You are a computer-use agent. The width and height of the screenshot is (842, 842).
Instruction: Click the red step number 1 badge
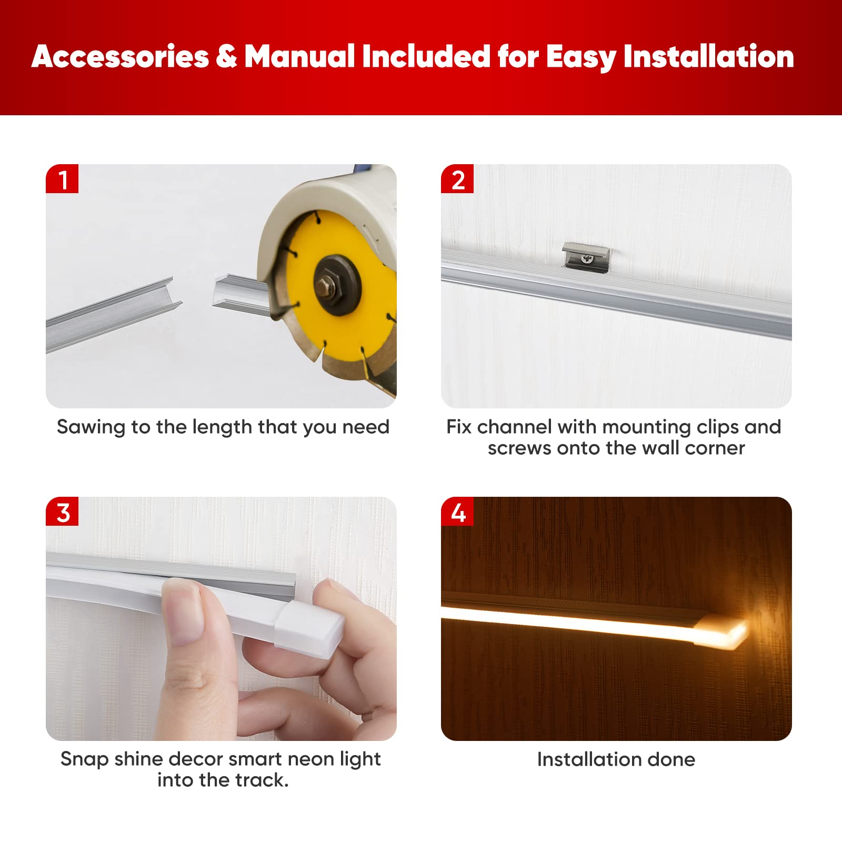[x=62, y=179]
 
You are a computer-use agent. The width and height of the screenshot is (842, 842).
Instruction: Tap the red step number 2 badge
[x=457, y=179]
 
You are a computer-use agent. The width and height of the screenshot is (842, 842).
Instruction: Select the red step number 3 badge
[x=62, y=512]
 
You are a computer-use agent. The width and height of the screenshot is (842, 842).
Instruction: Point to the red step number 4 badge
[x=457, y=512]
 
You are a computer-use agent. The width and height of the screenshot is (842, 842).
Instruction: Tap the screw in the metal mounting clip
[x=588, y=258]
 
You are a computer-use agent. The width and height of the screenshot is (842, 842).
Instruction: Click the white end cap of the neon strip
[x=311, y=628]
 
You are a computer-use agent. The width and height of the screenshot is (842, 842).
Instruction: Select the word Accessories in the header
[x=121, y=56]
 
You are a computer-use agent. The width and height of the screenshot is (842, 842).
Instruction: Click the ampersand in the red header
[x=226, y=56]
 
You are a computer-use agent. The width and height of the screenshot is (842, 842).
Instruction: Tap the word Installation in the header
[x=708, y=56]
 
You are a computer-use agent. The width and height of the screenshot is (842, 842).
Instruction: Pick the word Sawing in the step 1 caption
[x=91, y=427]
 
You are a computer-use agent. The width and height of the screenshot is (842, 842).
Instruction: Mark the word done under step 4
[x=671, y=759]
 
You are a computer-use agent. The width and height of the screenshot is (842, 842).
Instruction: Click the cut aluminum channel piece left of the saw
[x=113, y=315]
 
